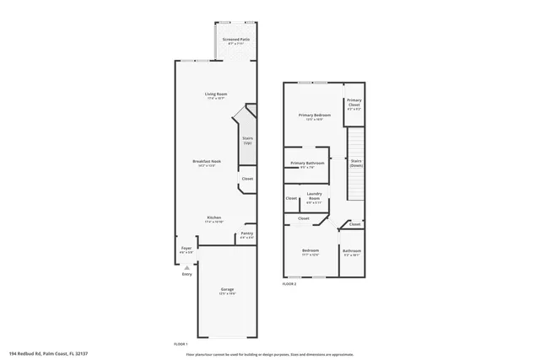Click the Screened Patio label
click(235, 40)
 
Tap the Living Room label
click(217, 94)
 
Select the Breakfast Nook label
click(207, 161)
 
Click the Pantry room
click(247, 234)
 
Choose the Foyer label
click(186, 248)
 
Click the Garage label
click(228, 289)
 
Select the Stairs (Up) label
click(248, 140)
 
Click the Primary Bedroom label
click(313, 115)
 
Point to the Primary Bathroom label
click(308, 163)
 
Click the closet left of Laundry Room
click(291, 198)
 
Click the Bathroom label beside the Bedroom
click(352, 250)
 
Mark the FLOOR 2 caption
click(289, 284)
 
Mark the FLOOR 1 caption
click(181, 344)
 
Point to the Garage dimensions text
click(228, 294)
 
